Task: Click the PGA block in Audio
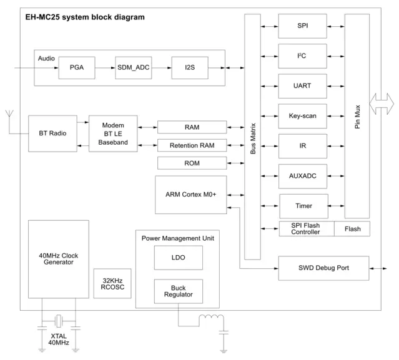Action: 77,67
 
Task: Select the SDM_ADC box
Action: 134,67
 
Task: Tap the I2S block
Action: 190,67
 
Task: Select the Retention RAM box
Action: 192,145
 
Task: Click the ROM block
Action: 192,163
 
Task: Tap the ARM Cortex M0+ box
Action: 192,194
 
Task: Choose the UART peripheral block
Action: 302,85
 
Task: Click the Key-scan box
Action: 302,115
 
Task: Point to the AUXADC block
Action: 302,176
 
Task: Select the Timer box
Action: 302,205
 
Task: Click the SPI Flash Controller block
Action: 306,229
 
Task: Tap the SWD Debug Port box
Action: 323,268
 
